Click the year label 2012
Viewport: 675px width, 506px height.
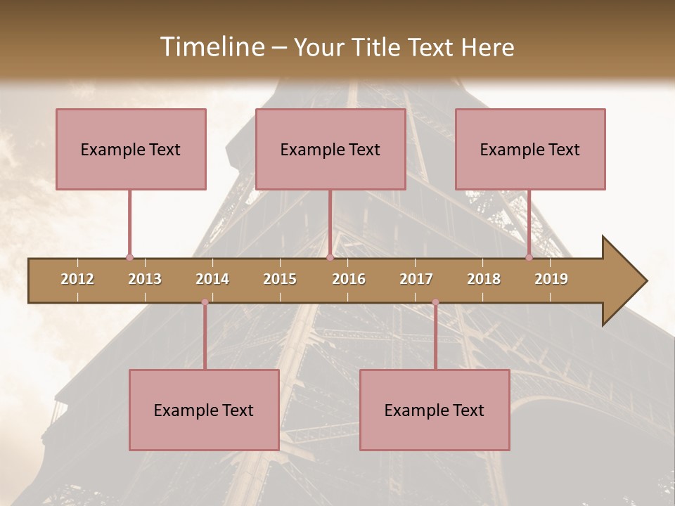77,279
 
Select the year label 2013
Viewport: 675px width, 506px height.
145,279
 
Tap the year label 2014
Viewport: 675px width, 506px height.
212,279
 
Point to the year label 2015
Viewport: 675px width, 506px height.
280,279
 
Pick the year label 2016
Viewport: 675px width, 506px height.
349,279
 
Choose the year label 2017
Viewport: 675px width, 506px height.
416,279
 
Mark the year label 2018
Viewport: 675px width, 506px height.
484,279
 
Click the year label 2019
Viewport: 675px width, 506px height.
551,279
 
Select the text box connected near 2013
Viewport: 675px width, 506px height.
131,149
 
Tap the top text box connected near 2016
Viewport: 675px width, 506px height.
330,149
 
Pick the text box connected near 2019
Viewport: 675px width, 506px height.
530,149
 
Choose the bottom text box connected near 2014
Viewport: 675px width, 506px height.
204,410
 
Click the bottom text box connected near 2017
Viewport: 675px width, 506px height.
435,410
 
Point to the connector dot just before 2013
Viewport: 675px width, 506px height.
129,257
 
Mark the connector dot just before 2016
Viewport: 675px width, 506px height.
330,257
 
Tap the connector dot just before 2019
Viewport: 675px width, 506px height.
529,257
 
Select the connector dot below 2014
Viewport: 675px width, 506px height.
205,302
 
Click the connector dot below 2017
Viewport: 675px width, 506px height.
435,302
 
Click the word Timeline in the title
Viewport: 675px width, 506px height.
211,47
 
